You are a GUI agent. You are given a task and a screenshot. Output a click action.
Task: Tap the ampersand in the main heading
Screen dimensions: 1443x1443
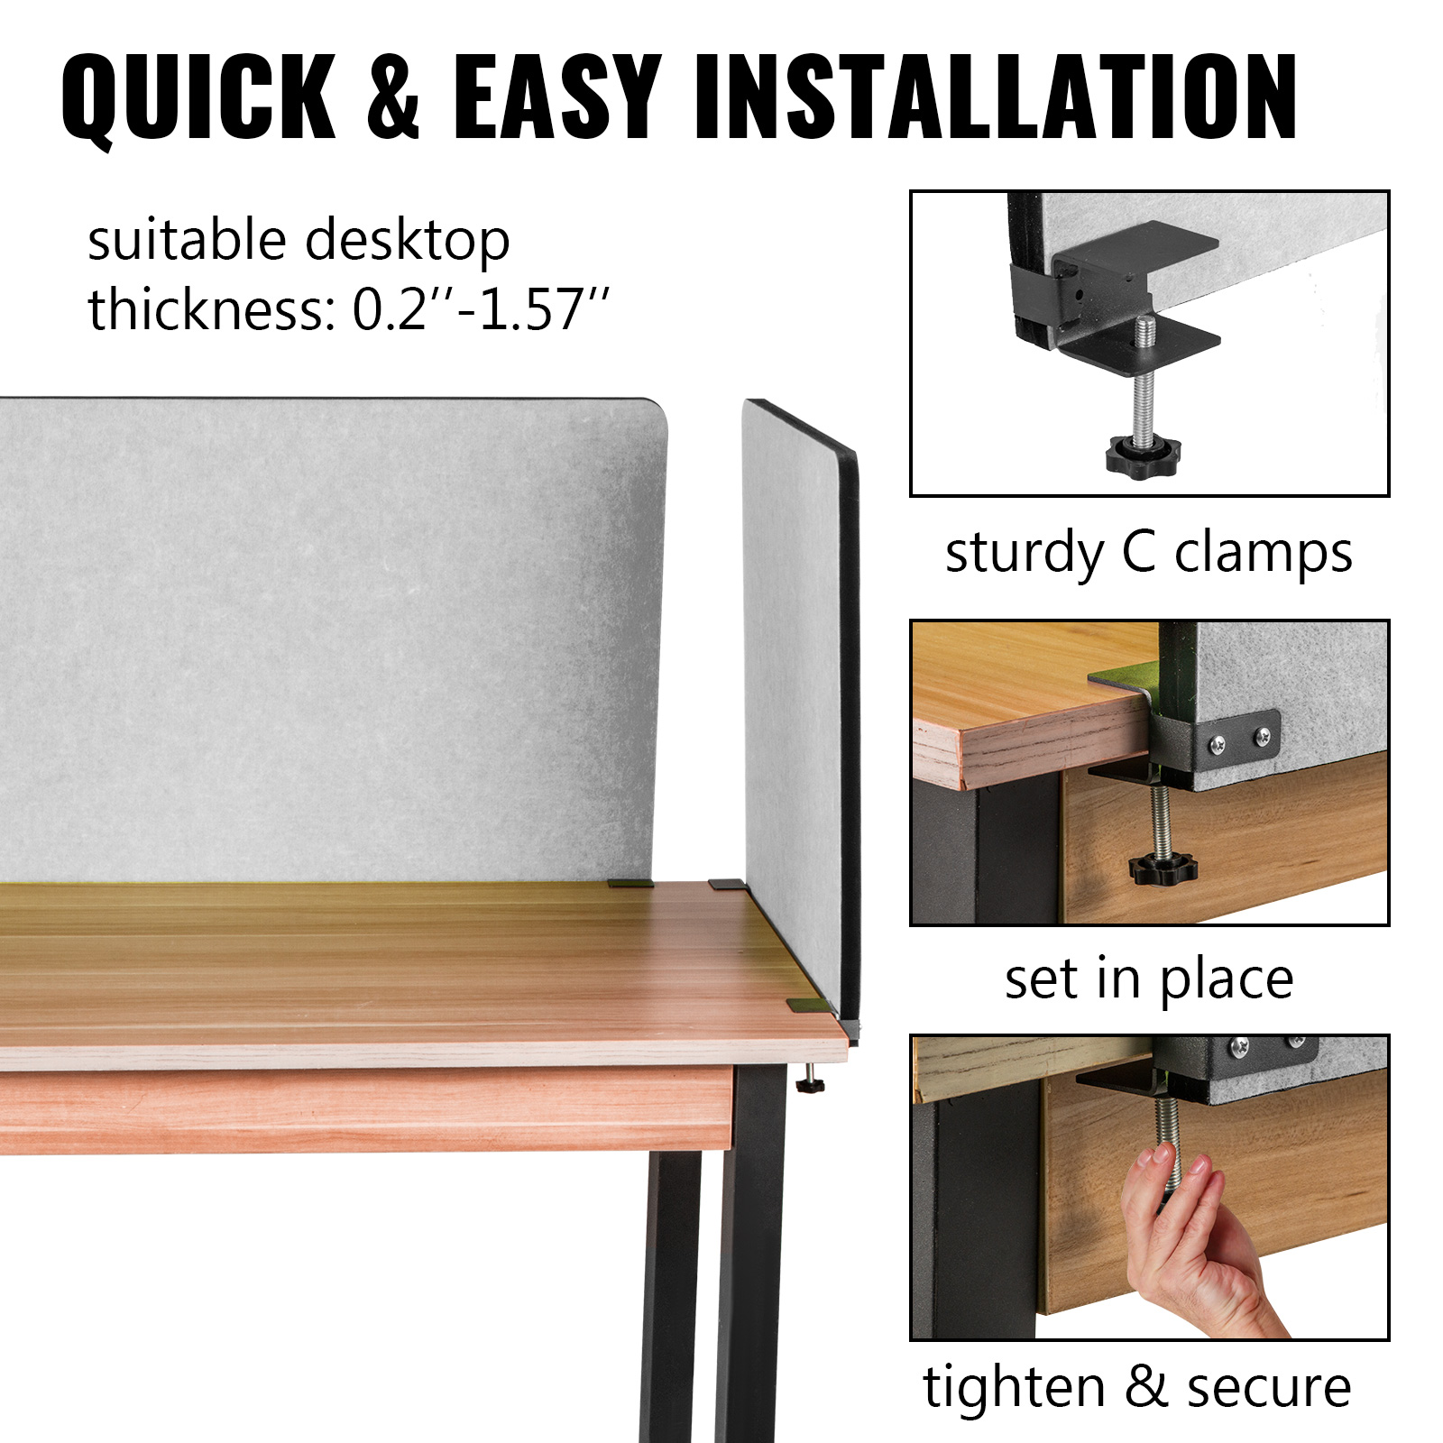394,97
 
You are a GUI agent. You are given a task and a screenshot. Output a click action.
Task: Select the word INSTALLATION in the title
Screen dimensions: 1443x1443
996,97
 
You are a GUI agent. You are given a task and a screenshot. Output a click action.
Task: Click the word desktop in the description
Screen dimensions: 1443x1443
407,241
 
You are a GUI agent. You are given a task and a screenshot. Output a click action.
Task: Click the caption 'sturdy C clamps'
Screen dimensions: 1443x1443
1148,552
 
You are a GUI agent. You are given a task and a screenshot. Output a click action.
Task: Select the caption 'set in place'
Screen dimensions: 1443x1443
1149,979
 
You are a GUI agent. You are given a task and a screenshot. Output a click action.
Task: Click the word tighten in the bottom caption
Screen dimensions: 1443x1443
1014,1387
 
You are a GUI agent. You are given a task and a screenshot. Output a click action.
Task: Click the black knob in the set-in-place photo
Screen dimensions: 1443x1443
1163,869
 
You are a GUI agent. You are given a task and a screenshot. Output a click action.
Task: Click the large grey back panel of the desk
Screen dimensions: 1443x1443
334,631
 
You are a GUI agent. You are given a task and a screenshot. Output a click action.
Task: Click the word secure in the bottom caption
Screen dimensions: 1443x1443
1269,1387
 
